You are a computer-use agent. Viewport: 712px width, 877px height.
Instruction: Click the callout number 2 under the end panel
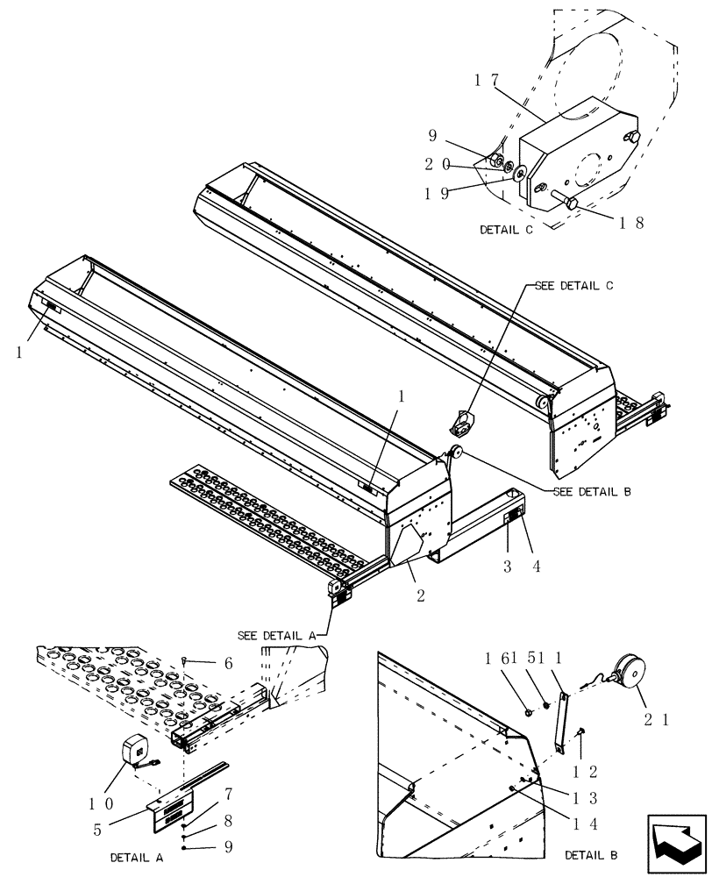[x=421, y=596]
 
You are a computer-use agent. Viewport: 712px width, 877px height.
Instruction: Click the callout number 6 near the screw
[x=228, y=664]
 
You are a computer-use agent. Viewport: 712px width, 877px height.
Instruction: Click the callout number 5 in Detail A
[x=98, y=830]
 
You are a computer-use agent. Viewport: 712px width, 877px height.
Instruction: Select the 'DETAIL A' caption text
[x=138, y=857]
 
